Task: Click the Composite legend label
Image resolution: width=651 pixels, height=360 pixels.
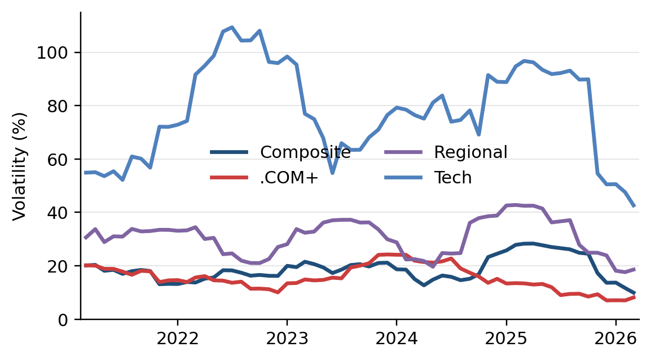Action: pos(305,152)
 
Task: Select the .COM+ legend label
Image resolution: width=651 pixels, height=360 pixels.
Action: pos(289,178)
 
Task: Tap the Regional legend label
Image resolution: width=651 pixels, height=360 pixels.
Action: pos(470,152)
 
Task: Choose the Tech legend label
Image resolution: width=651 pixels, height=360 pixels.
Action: pos(452,178)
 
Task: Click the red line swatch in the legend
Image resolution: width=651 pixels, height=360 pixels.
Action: pos(229,178)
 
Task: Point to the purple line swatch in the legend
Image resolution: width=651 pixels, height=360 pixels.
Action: pos(403,152)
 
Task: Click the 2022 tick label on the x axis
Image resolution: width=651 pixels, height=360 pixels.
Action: pos(177,339)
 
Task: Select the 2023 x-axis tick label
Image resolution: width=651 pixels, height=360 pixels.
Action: pos(287,339)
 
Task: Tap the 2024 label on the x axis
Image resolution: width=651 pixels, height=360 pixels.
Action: pos(396,339)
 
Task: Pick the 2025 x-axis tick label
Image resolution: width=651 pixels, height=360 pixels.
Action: pos(506,339)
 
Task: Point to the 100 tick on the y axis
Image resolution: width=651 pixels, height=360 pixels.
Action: pos(55,53)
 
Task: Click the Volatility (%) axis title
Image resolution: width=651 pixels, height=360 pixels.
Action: pos(19,166)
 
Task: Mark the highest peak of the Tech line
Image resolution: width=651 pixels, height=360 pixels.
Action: pos(232,27)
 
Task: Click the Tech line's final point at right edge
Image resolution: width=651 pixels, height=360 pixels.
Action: pos(634,206)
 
